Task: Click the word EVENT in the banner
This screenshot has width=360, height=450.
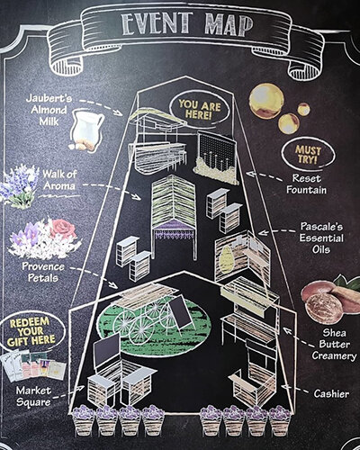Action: pyautogui.click(x=157, y=24)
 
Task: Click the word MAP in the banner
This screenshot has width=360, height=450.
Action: pyautogui.click(x=229, y=25)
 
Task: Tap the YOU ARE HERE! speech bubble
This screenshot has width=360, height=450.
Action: pyautogui.click(x=199, y=109)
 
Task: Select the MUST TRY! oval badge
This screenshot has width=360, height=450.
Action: pyautogui.click(x=308, y=154)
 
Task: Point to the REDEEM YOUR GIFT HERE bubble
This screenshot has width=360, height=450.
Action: pyautogui.click(x=32, y=332)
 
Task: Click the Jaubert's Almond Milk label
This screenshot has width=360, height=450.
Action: pyautogui.click(x=49, y=110)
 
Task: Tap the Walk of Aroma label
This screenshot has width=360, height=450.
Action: pyautogui.click(x=59, y=179)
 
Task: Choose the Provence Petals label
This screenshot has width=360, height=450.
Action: pyautogui.click(x=43, y=272)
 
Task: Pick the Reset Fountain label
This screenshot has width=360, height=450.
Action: pyautogui.click(x=307, y=184)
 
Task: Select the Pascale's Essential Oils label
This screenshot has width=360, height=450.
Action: pyautogui.click(x=321, y=238)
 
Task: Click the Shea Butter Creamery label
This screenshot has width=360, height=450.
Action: pyautogui.click(x=334, y=344)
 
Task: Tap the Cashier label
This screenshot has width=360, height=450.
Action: pyautogui.click(x=331, y=393)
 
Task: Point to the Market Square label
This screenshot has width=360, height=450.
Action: pyautogui.click(x=33, y=396)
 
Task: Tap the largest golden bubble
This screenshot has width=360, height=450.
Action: pyautogui.click(x=266, y=101)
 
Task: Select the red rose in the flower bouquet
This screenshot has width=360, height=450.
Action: pyautogui.click(x=64, y=229)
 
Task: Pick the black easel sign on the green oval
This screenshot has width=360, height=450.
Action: pyautogui.click(x=181, y=312)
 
